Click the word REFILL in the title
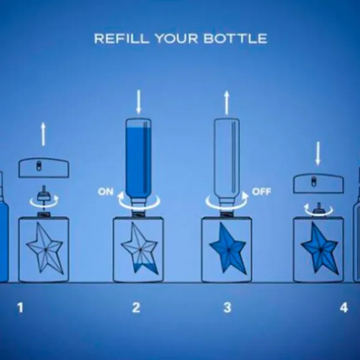122,38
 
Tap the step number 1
20,308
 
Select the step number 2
136,308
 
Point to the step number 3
227,308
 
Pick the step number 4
344,308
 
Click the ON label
106,192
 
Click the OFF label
262,191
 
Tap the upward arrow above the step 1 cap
43,134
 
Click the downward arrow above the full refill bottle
138,102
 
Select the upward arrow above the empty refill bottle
227,103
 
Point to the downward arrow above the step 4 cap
318,154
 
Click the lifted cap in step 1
44,168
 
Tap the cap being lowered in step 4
319,184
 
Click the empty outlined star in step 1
45,248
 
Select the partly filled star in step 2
140,248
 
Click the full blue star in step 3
228,248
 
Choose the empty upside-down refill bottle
227,161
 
